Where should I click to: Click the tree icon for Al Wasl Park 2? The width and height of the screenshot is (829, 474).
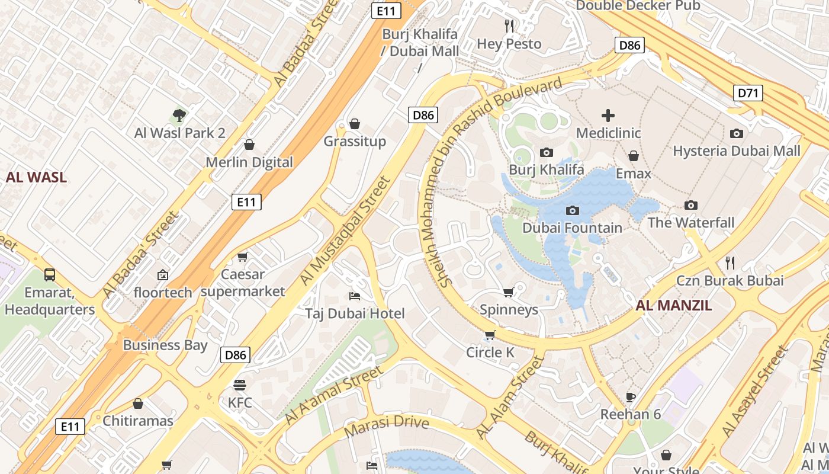179,115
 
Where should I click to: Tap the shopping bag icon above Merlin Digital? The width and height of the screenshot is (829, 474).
249,145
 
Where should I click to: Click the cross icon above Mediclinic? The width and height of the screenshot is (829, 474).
608,116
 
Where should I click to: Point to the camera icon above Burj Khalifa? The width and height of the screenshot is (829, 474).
547,152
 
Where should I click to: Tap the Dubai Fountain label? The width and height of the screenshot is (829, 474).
572,228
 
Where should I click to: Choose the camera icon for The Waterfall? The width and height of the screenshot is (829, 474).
690,205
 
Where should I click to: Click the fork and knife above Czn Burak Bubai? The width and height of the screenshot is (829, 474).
730,262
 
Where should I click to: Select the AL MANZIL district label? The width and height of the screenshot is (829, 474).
673,306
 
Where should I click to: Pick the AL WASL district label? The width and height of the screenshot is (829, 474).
36,177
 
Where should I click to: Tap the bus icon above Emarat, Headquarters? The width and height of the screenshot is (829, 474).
50,275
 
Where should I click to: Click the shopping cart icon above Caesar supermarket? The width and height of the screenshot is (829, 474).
242,257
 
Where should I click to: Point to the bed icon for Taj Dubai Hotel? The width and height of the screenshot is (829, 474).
355,296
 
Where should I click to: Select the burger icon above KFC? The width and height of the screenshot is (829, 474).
240,385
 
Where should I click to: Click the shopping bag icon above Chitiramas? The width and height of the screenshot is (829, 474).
138,403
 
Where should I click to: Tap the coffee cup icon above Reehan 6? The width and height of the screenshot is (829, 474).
631,396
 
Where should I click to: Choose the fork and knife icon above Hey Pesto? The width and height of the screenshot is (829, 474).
509,25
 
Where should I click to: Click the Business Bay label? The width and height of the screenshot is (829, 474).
165,345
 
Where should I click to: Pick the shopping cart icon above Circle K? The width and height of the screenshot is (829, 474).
490,335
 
